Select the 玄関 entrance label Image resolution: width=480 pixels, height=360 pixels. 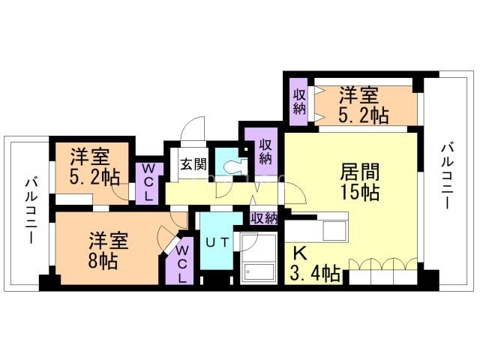[193, 165]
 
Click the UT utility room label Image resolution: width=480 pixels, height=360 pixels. [216, 243]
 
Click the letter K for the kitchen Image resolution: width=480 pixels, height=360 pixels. [299, 253]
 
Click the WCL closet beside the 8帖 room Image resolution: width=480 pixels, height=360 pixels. [183, 262]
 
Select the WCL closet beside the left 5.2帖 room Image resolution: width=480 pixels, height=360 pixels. [148, 181]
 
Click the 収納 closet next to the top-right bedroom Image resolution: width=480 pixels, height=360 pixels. [299, 101]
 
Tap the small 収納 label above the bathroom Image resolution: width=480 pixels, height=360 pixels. [263, 218]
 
